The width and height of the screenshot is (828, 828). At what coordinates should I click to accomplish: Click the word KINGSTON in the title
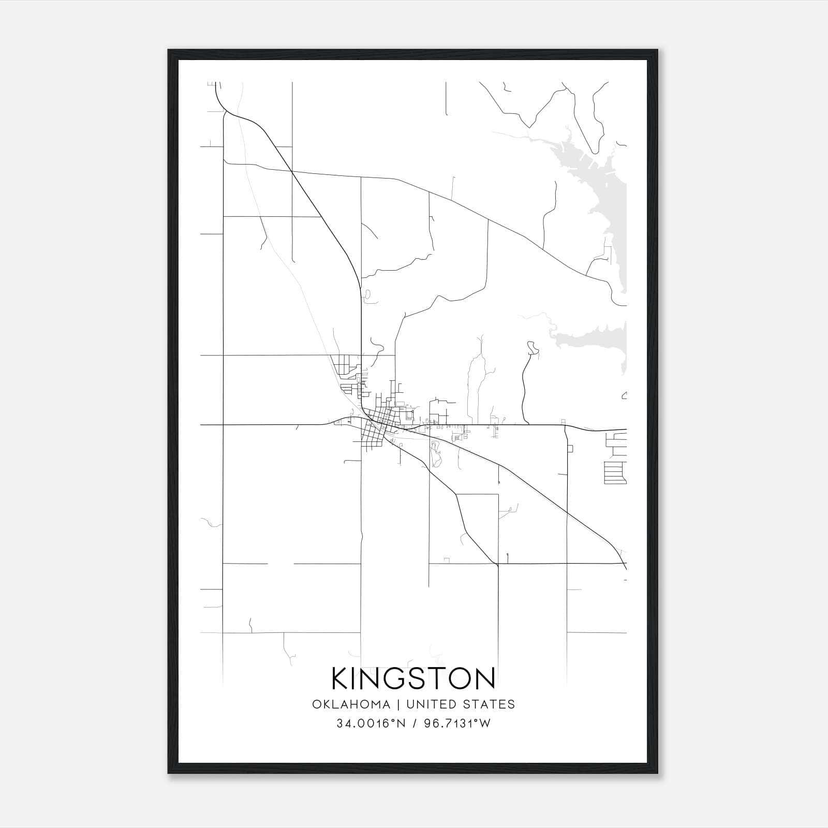pyautogui.click(x=413, y=679)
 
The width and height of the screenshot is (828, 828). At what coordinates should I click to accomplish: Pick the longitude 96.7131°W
pyautogui.click(x=457, y=723)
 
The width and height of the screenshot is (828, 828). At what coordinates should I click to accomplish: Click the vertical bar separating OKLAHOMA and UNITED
pyautogui.click(x=398, y=704)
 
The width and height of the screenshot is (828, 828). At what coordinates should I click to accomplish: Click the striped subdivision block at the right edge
pyautogui.click(x=615, y=473)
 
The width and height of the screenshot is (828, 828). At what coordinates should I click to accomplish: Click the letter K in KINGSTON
pyautogui.click(x=341, y=679)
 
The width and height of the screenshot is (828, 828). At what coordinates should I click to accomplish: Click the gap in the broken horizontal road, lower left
pyautogui.click(x=280, y=563)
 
